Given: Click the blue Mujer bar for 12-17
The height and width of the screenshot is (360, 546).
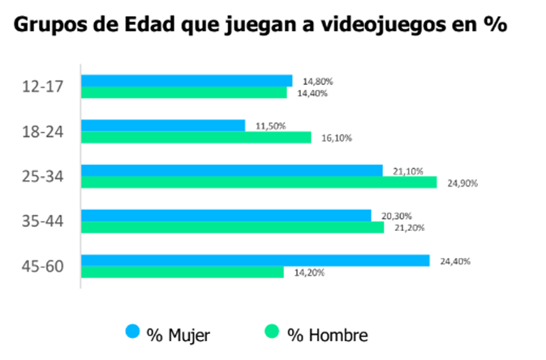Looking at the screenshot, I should pos(187,80).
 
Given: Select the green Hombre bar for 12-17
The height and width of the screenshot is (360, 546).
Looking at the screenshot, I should pos(184,92).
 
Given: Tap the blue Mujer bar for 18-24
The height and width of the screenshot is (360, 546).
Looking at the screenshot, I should pos(163,126).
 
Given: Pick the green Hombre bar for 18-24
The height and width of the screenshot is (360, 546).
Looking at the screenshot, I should pos(196,138).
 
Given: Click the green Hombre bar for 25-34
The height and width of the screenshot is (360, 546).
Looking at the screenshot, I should pos(259,182).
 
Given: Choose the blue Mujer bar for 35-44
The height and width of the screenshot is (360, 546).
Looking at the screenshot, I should pos(226,216).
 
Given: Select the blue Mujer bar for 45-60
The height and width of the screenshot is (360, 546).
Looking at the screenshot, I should pos(256,260).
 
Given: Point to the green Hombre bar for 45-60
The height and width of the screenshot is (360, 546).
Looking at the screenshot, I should pos(183,272).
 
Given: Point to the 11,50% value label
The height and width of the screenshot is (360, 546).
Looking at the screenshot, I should pos(269,126).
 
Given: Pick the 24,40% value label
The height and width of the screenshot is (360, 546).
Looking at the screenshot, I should pos(454,261).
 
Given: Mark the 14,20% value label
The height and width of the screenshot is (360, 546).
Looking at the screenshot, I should pos(309,273).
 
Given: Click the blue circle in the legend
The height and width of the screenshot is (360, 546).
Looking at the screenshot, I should pos(131,332).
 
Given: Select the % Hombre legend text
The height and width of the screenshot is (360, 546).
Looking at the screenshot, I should pos(329,332).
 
